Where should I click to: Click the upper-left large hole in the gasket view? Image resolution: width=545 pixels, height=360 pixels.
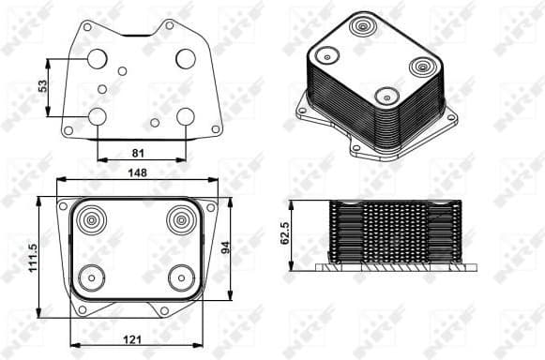coord(98,59)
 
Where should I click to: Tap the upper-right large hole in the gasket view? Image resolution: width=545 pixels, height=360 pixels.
coord(185,58)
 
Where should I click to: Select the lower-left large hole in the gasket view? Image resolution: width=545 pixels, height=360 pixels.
coord(98,116)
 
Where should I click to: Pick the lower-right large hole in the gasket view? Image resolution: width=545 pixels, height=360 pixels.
coord(185,116)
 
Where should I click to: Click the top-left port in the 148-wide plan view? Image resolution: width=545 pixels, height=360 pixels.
coord(94,221)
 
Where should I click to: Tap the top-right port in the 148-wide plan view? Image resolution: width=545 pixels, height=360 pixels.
coord(179,220)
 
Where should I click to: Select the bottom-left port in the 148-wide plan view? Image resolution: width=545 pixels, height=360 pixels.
coord(92,277)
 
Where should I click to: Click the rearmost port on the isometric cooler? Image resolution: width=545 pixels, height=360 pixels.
coord(363,25)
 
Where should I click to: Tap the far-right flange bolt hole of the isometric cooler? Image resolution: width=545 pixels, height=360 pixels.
coord(451,116)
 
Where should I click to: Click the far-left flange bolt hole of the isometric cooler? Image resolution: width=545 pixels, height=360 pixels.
coord(302,111)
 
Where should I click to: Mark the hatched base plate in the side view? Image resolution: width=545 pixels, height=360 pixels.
coord(393,267)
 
